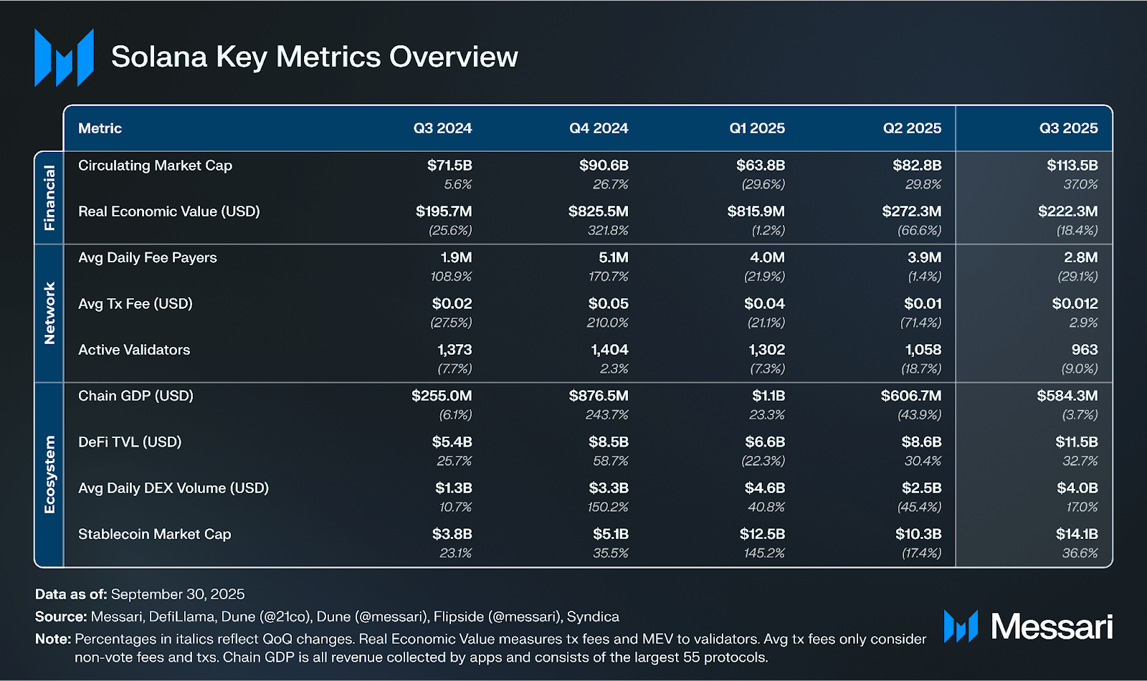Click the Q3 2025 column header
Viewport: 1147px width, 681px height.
click(x=1068, y=128)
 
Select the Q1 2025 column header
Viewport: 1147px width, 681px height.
click(x=756, y=128)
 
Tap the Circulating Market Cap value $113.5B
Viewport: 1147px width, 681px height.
click(x=1072, y=166)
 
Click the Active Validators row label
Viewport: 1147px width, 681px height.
click(x=134, y=350)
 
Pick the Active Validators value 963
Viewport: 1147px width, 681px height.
click(x=1084, y=350)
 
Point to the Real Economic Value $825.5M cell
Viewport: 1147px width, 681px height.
click(x=598, y=211)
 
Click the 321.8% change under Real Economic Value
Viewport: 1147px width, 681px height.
click(x=607, y=231)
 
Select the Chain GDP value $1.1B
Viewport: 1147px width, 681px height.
click(x=768, y=396)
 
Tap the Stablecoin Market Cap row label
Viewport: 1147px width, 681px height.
click(x=154, y=534)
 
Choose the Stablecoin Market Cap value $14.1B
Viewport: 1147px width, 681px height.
click(x=1076, y=534)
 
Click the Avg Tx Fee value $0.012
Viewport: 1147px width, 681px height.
click(x=1075, y=304)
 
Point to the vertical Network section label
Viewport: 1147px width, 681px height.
click(x=49, y=313)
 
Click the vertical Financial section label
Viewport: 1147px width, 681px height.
click(x=49, y=197)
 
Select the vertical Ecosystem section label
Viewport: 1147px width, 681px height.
click(x=49, y=475)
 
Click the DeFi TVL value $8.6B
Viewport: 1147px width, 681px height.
click(x=921, y=442)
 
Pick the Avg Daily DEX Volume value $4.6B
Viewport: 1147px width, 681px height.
click(x=764, y=488)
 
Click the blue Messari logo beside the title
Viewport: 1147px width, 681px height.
click(x=64, y=57)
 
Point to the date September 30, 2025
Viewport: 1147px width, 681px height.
click(x=178, y=594)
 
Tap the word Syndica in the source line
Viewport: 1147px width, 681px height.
click(x=593, y=616)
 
